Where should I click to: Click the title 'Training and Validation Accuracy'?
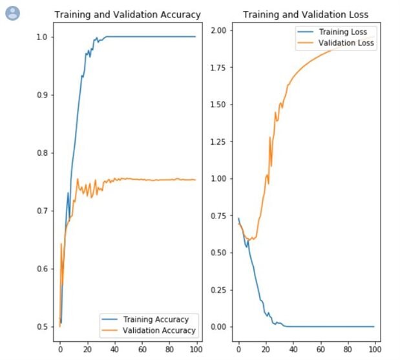[x=127, y=15]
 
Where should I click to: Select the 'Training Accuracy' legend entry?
[x=156, y=319]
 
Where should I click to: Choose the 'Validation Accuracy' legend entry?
[x=159, y=330]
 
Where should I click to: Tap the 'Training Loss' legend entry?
[x=342, y=32]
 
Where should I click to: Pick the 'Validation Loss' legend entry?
[x=346, y=43]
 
